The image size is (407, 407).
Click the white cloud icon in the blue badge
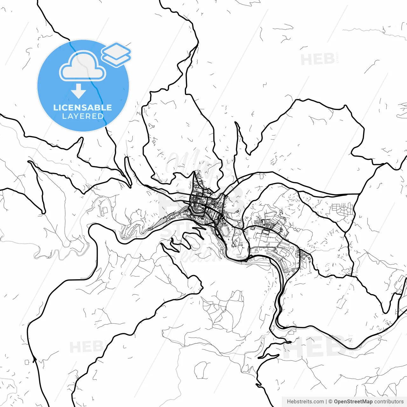pos(83,66)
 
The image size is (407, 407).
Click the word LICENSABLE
pos(83,107)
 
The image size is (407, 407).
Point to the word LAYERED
pos(83,116)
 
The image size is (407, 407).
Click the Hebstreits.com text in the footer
pos(305,402)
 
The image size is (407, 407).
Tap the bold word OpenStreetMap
pos(353,402)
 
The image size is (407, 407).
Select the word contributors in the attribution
pos(389,402)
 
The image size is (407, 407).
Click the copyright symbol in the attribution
pos(330,402)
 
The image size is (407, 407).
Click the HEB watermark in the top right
pos(317,59)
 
